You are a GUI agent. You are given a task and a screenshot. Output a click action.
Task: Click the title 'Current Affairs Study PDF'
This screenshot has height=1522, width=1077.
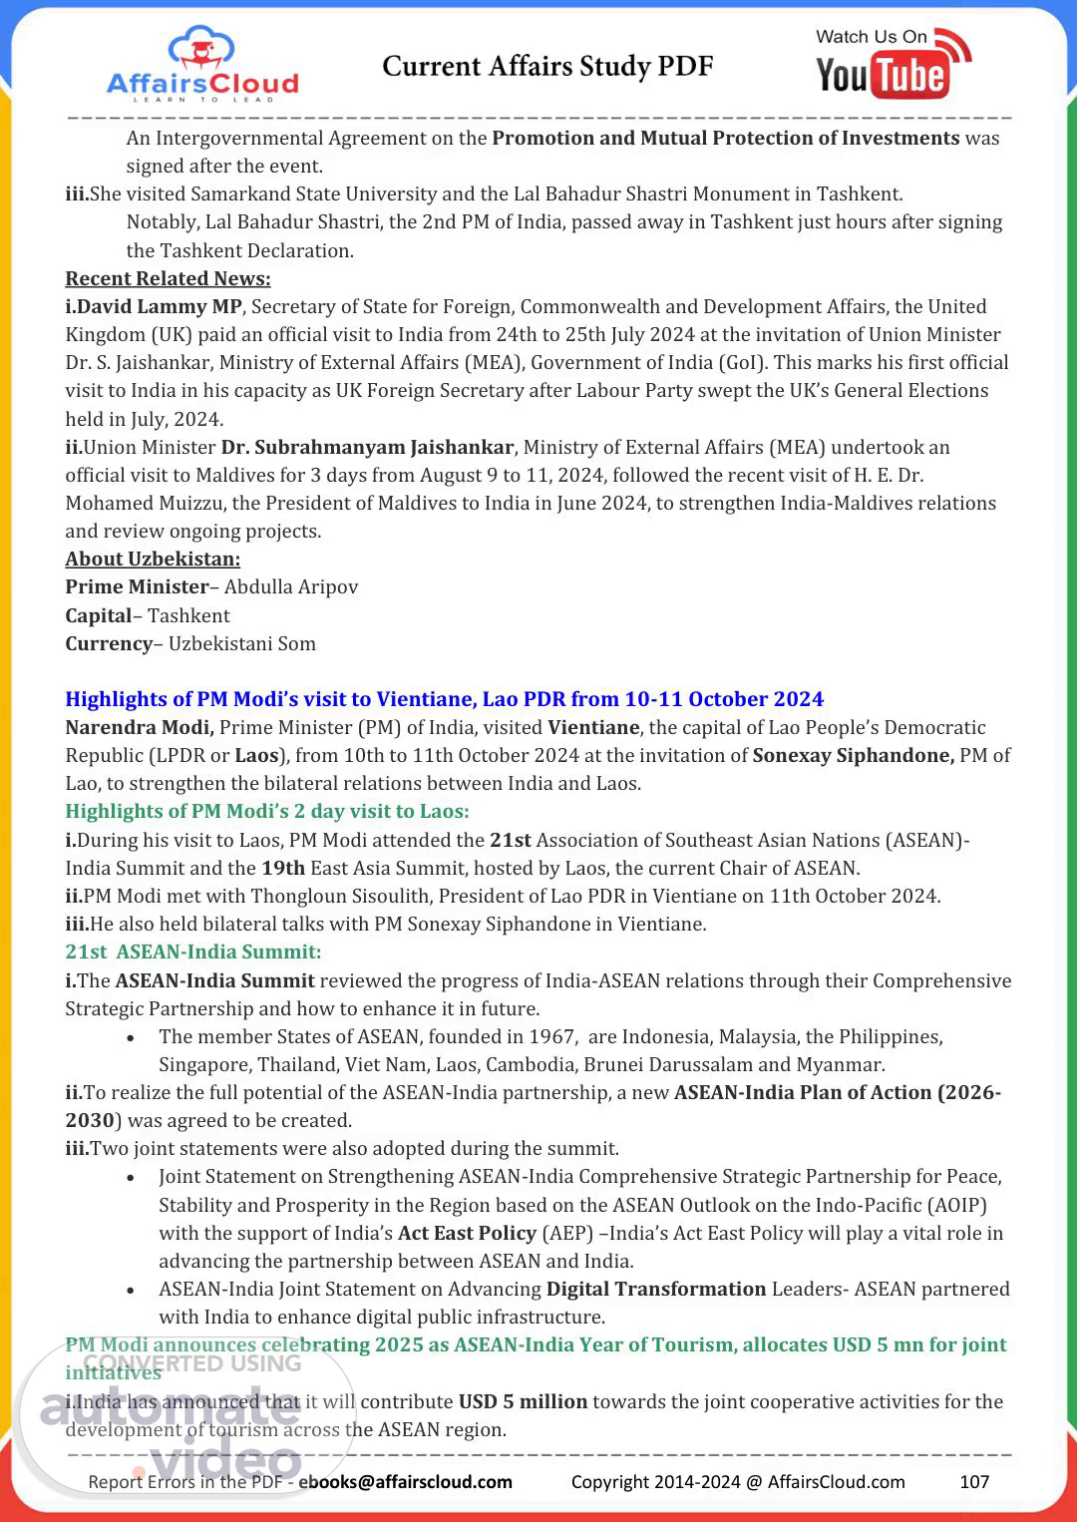point(547,67)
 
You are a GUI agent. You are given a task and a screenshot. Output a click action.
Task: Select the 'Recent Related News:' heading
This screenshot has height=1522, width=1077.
point(168,278)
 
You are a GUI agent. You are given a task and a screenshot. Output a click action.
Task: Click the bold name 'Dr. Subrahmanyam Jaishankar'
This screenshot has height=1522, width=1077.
point(367,447)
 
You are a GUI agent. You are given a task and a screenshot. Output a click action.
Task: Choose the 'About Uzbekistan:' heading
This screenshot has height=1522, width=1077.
point(153,559)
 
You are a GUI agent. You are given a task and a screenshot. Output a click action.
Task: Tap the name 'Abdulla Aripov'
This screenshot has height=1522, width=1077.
point(291,586)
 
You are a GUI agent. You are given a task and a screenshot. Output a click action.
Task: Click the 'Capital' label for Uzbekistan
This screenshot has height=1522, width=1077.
point(99,615)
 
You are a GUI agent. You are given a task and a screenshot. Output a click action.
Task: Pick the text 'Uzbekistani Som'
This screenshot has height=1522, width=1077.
point(242,643)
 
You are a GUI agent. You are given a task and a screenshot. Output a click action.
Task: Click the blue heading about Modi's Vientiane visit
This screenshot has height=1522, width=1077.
point(445,699)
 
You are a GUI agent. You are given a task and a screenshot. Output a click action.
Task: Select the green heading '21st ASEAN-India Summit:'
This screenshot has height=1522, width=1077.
point(193,951)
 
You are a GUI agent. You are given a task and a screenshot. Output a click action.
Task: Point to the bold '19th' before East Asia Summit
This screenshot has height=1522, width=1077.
point(283,868)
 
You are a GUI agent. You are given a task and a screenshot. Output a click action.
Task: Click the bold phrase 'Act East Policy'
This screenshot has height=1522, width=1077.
point(467,1233)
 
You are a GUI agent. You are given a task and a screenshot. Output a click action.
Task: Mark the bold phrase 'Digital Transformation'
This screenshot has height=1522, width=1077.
point(656,1289)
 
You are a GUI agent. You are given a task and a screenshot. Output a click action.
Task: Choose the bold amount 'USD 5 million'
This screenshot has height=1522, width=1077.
point(523,1401)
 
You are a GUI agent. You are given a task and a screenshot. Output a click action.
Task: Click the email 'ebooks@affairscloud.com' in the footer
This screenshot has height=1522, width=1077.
point(406,1481)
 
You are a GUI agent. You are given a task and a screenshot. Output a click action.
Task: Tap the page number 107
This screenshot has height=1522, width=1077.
point(974,1481)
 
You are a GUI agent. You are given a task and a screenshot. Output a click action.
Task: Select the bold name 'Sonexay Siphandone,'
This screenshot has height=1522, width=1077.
point(854,755)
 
